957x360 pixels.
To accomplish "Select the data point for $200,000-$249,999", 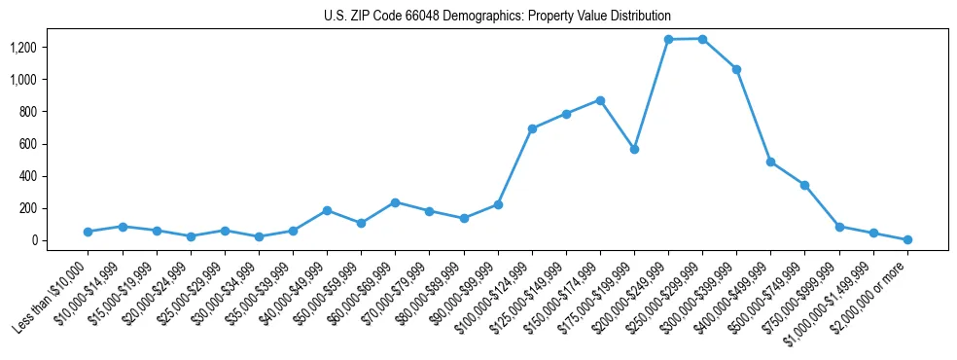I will (x=668, y=40).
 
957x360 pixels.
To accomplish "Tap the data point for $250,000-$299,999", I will (x=702, y=39).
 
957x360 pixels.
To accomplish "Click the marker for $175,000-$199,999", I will (x=634, y=149).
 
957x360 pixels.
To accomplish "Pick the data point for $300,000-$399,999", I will (x=736, y=69).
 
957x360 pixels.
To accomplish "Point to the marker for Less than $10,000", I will (x=88, y=232).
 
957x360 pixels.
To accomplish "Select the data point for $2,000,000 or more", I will (x=907, y=239).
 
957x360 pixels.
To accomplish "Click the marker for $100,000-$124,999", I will (x=532, y=128).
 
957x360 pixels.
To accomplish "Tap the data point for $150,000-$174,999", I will (x=600, y=100).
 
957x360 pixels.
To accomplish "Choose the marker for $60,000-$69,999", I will (x=395, y=202).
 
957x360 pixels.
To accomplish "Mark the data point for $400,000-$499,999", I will (x=770, y=162).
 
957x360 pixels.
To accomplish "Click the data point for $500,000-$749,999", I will (x=804, y=185).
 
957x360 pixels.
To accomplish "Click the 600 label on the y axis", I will (x=43, y=144).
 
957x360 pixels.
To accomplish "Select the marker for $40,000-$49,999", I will (x=327, y=210).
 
